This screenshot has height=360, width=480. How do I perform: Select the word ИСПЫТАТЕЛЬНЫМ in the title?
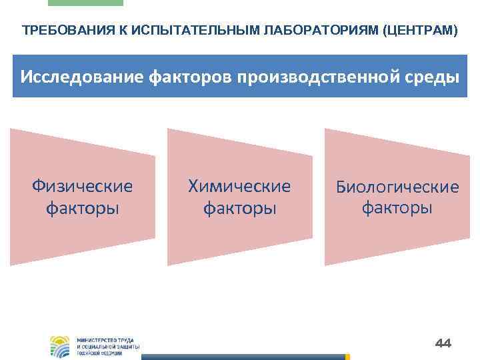tap(159, 31)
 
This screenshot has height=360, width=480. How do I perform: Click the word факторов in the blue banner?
tap(181, 77)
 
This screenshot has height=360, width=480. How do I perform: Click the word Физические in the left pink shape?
tap(82, 186)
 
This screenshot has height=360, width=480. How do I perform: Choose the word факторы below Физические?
tap(82, 209)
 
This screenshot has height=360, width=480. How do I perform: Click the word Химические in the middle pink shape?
tap(239, 186)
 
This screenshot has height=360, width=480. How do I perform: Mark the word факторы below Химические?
tap(239, 209)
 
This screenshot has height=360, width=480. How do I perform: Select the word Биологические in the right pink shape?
tap(397, 187)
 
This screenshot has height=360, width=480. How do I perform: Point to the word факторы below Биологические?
tap(397, 208)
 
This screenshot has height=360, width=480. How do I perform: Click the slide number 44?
tap(443, 343)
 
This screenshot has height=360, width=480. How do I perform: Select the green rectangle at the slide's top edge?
tap(85, 3)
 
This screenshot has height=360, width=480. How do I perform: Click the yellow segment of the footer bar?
tap(347, 357)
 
